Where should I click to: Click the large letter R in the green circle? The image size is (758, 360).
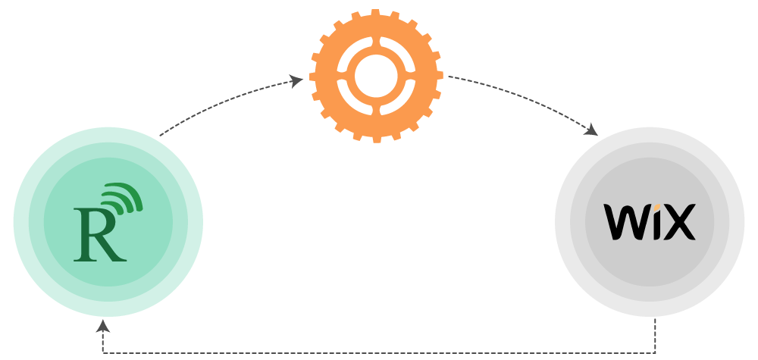(98, 235)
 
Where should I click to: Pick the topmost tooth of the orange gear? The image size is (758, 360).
(377, 13)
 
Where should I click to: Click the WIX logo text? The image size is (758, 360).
(650, 222)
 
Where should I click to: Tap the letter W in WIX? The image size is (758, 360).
(624, 223)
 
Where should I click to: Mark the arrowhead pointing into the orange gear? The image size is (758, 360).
(298, 80)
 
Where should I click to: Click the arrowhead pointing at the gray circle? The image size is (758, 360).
(591, 130)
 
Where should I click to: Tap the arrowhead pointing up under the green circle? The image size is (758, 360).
(103, 325)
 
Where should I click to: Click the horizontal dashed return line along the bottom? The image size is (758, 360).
(379, 353)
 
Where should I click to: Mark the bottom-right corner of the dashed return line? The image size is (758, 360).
(656, 353)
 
